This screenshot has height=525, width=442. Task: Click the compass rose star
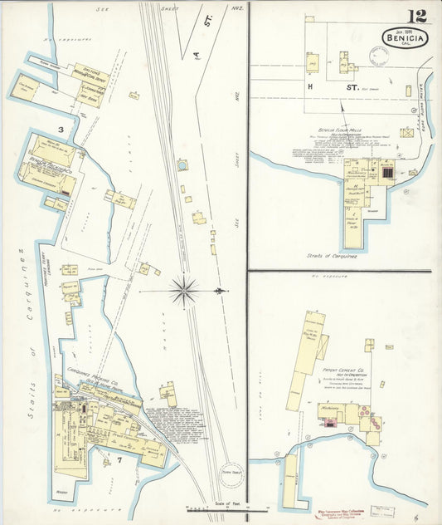[x=184, y=291]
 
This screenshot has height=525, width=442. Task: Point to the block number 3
[x=61, y=130]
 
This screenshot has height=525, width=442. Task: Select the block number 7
[x=119, y=459]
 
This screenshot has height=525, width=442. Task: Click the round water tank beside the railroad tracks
[x=182, y=165]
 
